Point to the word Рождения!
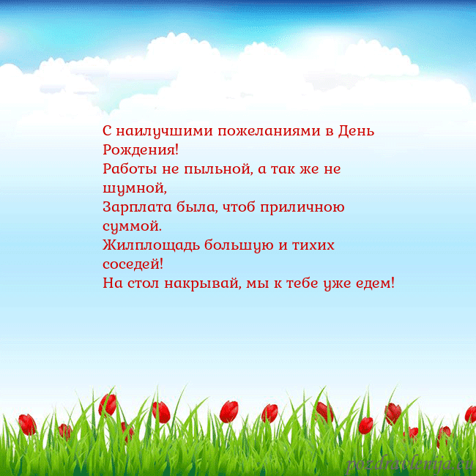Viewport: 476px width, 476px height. pos(140,151)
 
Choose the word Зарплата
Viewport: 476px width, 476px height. pos(133,208)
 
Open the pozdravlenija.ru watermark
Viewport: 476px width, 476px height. pos(410,463)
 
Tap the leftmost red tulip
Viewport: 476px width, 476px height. pos(27,423)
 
